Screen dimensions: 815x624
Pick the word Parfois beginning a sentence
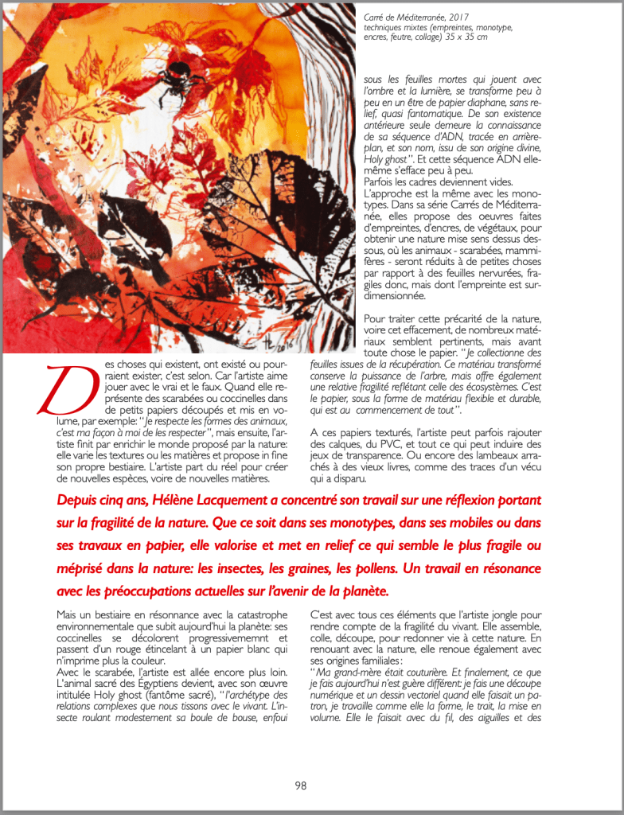point(381,181)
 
